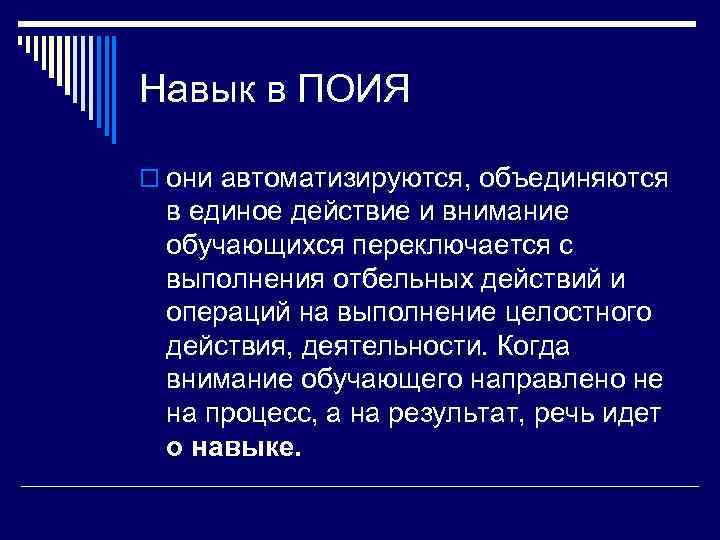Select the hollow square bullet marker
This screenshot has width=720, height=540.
pos(150,178)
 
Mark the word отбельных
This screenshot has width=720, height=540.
pos(398,279)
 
